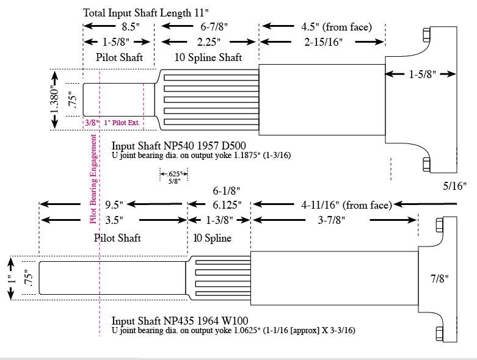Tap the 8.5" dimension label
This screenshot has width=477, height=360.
pos(131,27)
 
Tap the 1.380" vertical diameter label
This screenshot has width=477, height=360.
pos(54,99)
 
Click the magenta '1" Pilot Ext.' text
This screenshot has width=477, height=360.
pos(122,123)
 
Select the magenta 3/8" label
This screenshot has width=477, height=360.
pos(92,123)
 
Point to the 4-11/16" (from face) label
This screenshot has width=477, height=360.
pos(346,204)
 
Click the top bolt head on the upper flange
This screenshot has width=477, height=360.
pos(428,33)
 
